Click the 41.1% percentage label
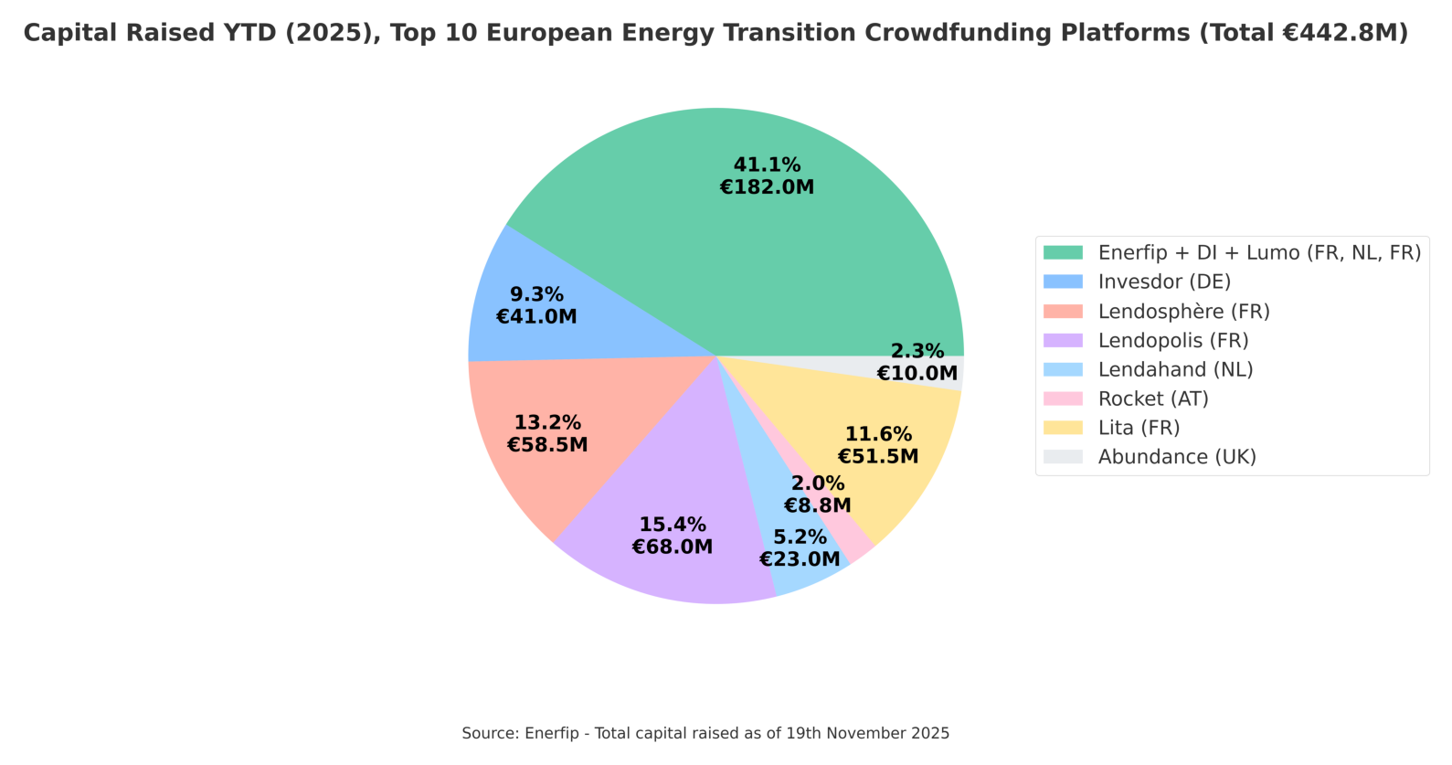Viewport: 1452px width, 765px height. (767, 165)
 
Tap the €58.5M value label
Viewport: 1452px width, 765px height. (547, 445)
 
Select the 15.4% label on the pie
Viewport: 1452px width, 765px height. (673, 525)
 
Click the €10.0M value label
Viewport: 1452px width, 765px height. (917, 373)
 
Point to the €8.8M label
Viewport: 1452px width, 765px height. (818, 505)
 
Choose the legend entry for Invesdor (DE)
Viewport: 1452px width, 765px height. (1164, 282)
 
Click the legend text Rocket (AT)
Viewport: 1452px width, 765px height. (1153, 398)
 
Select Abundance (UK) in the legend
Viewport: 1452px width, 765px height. (1177, 457)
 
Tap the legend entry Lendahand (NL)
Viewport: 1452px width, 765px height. (1175, 369)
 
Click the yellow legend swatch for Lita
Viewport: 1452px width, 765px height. (1063, 428)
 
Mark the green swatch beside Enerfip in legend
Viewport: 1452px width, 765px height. (1063, 252)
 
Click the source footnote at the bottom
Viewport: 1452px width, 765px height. (705, 733)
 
